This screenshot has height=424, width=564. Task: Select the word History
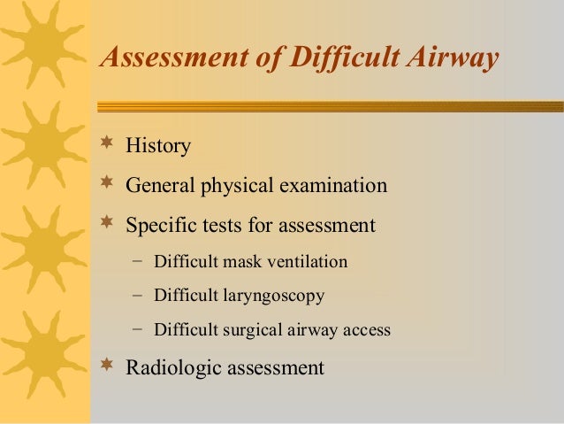click(158, 145)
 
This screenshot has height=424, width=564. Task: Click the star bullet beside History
click(108, 143)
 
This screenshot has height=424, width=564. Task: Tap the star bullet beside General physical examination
click(108, 184)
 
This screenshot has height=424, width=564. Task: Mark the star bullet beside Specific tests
click(108, 223)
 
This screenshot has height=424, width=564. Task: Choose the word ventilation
click(307, 263)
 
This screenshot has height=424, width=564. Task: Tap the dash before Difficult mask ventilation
click(136, 262)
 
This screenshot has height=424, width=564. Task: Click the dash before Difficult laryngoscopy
click(136, 296)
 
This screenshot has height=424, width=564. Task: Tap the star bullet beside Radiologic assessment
click(108, 364)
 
